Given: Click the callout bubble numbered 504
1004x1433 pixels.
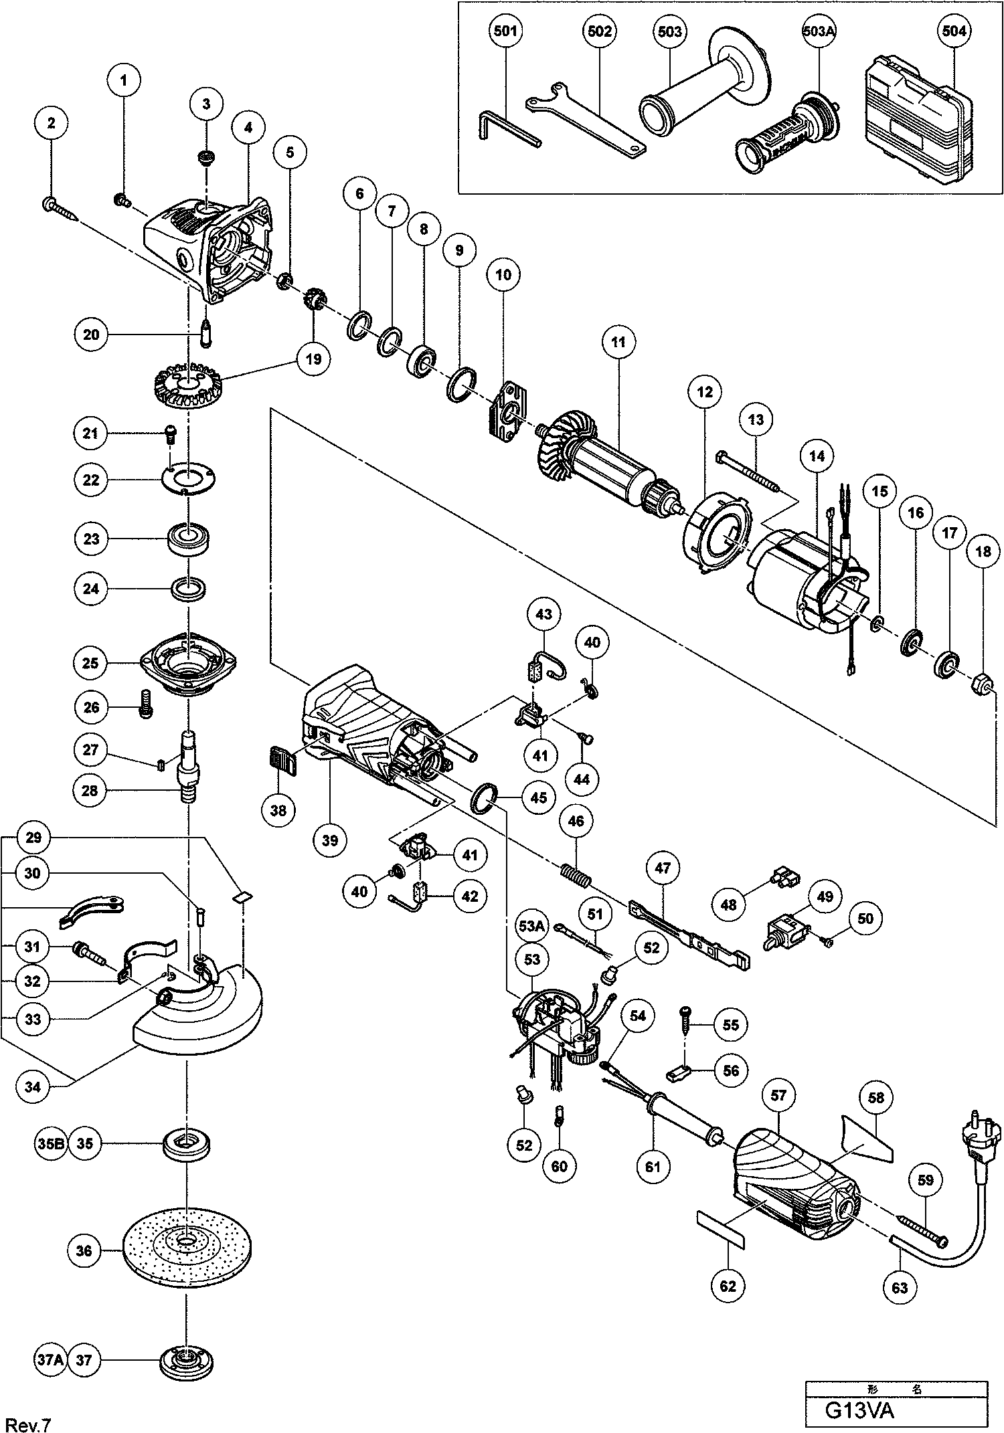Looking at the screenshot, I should tap(954, 31).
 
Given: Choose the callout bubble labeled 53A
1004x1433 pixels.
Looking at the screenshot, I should tap(531, 927).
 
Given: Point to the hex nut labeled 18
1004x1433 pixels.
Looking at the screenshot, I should tap(982, 684).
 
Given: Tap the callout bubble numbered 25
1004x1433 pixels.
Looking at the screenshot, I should tap(90, 663).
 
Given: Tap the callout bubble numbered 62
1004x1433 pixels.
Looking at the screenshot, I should tap(728, 1286).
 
